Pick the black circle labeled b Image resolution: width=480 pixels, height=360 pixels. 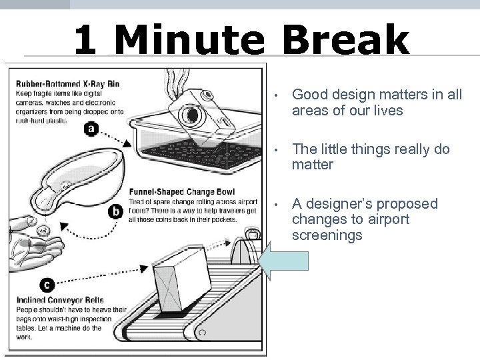point(117,212)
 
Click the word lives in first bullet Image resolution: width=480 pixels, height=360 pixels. point(387,111)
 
